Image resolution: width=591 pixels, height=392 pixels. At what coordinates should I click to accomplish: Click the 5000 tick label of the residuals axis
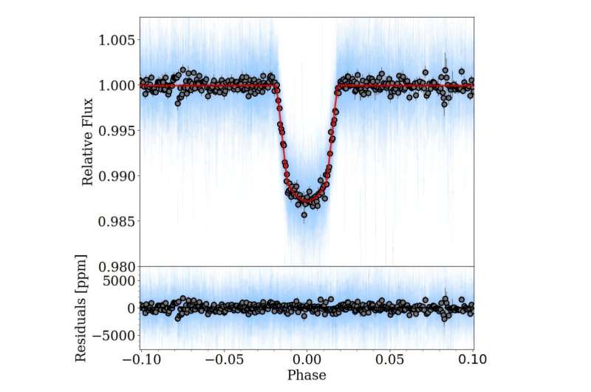(117, 280)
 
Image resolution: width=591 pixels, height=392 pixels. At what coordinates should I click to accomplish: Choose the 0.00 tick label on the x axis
(307, 360)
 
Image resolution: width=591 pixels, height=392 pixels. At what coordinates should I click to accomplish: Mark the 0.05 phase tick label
(390, 360)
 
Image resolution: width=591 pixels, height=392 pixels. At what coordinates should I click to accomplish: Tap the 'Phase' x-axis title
(307, 376)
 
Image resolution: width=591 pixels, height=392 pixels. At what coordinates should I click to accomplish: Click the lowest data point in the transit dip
(304, 214)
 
